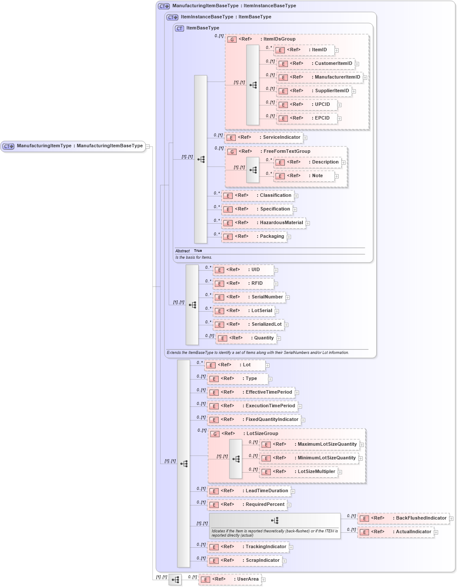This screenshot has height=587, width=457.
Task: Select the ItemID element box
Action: pyautogui.click(x=304, y=50)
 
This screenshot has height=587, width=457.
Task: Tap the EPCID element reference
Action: pyautogui.click(x=307, y=118)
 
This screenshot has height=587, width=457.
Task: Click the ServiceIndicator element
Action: pyautogui.click(x=264, y=137)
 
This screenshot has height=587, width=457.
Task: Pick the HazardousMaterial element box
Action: pyautogui.click(x=264, y=223)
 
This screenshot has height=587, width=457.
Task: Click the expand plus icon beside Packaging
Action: pyautogui.click(x=289, y=237)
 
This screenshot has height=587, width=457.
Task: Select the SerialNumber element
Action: pyautogui.click(x=249, y=297)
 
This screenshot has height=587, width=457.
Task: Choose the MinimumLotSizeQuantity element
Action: pyautogui.click(x=309, y=458)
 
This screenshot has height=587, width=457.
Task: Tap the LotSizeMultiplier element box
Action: pyautogui.click(x=299, y=472)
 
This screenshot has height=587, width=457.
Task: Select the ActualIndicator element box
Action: pyautogui.click(x=395, y=532)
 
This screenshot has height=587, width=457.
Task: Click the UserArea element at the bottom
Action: pyautogui.click(x=230, y=579)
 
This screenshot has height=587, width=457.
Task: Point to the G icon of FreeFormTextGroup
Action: pyautogui.click(x=232, y=152)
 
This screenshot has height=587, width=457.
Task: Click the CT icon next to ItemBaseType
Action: pyautogui.click(x=180, y=29)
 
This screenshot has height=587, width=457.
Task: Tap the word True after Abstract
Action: pyautogui.click(x=198, y=251)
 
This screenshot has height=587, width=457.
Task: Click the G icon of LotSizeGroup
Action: pyautogui.click(x=215, y=434)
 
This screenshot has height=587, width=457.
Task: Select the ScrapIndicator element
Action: pyautogui.click(x=245, y=561)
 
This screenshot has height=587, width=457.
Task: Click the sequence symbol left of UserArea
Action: pyautogui.click(x=175, y=580)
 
